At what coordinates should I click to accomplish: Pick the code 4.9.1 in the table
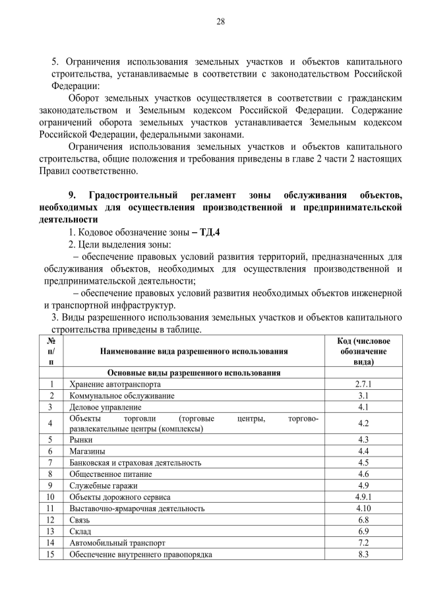pos(362,497)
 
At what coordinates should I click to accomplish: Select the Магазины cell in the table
pos(88,451)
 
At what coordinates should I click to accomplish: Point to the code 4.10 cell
pos(362,509)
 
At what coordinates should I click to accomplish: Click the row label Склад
pos(80,531)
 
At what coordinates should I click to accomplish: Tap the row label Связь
pos(80,520)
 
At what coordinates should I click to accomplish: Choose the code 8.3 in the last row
pos(362,554)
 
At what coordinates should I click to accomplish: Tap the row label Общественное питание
pos(111,474)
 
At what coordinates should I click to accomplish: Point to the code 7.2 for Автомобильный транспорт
pos(362,543)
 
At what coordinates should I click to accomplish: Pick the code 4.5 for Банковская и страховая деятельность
pos(362,462)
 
